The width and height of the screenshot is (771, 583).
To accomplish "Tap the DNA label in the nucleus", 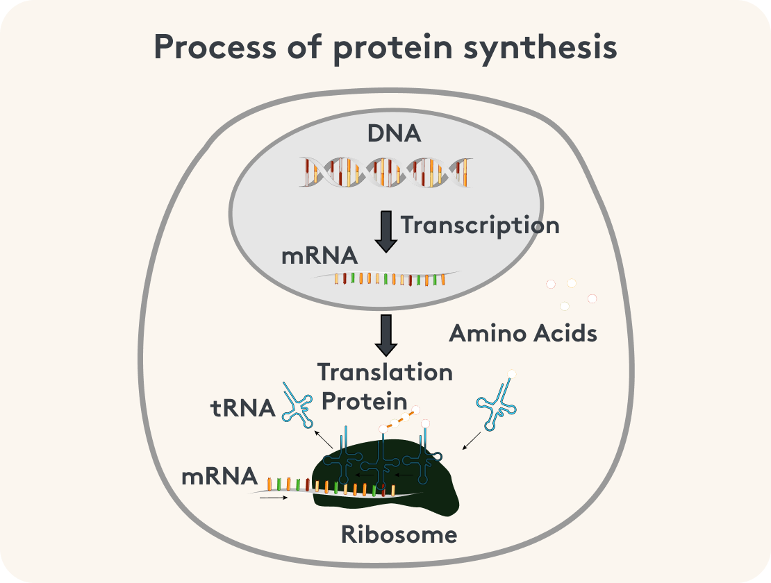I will [x=394, y=133].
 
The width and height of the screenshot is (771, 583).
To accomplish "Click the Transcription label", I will [x=480, y=226].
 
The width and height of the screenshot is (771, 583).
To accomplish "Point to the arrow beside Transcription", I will [x=386, y=232].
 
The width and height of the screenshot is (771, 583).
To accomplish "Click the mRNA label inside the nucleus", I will [x=320, y=256].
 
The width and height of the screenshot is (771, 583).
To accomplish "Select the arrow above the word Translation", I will [x=386, y=335].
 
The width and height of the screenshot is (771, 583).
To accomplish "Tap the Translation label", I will [x=385, y=372].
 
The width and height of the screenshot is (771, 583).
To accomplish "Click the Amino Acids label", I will [x=523, y=333].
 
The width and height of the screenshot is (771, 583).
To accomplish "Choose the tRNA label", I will [x=243, y=408].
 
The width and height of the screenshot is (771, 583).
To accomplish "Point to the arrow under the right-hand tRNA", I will [x=471, y=440].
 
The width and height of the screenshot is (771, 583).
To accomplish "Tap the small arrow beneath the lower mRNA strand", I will [x=274, y=497].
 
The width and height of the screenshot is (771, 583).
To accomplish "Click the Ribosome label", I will [x=399, y=534].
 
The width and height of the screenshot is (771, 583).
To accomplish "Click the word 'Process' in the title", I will [x=202, y=49].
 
